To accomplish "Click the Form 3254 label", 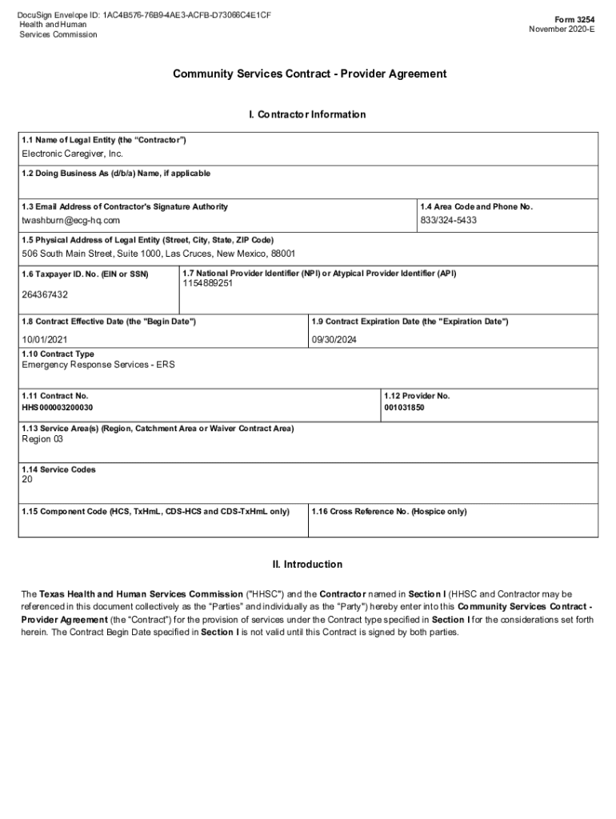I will click(575, 18).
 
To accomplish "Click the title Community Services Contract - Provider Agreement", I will click(310, 74).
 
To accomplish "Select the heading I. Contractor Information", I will click(307, 114).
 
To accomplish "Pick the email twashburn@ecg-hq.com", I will click(71, 220).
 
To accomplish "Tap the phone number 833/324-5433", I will click(449, 220).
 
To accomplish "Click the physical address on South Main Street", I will click(158, 254).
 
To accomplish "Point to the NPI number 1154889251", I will click(208, 284).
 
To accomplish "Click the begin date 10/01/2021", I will click(46, 339).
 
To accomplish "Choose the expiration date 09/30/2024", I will click(334, 339).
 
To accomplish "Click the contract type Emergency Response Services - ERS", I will click(98, 365).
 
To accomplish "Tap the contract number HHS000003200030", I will click(63, 408).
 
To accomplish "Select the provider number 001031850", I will click(405, 408).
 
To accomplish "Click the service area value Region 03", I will click(42, 439).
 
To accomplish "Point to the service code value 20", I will click(28, 481).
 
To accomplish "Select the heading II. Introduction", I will click(307, 565).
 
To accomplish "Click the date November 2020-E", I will click(562, 30).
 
